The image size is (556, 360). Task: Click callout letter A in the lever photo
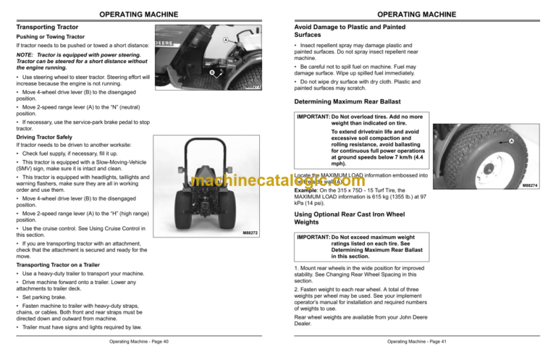pyautogui.click(x=227, y=39)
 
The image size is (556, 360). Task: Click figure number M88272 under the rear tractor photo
pyautogui.click(x=250, y=233)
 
